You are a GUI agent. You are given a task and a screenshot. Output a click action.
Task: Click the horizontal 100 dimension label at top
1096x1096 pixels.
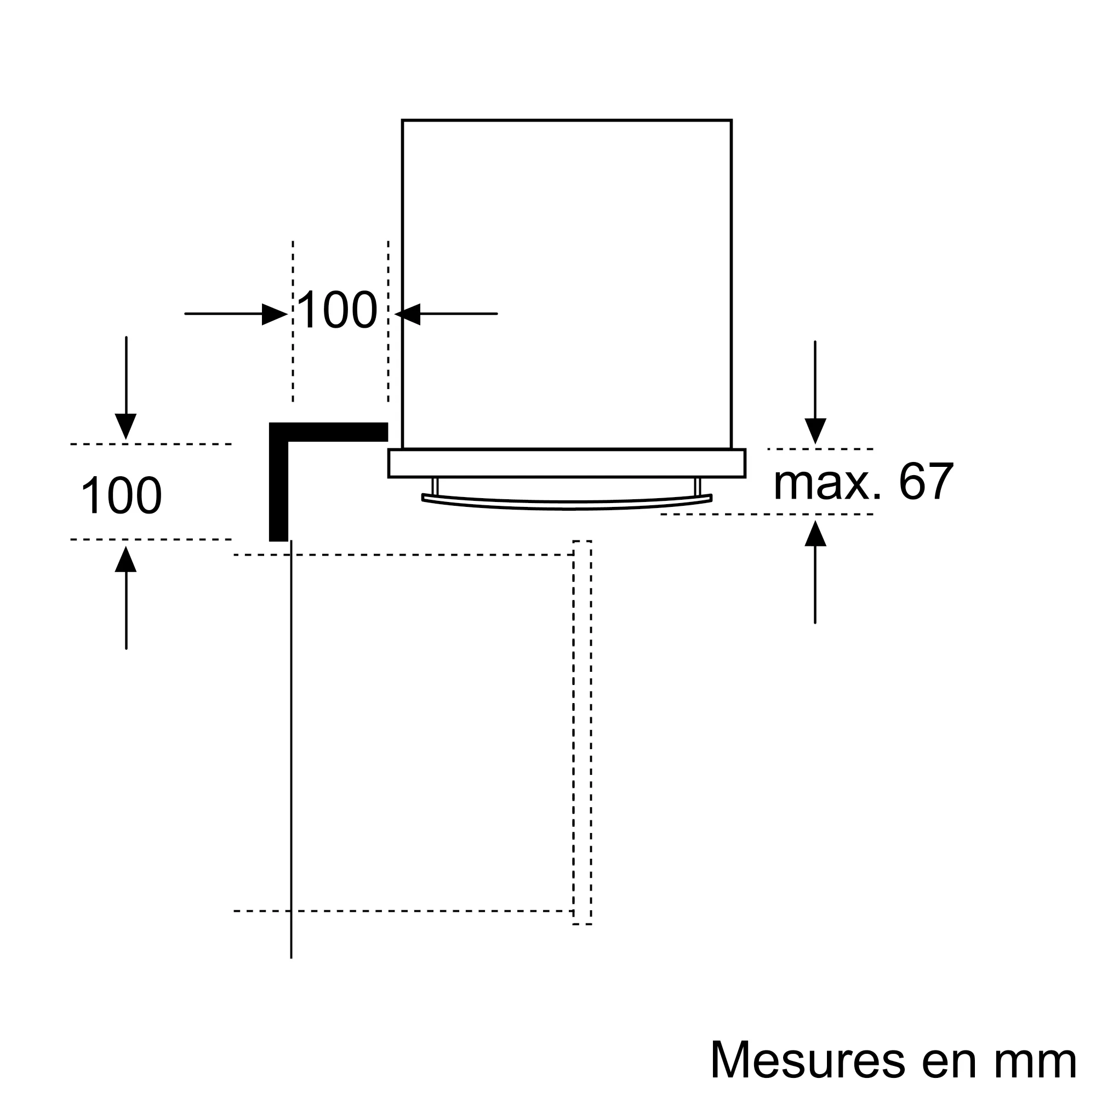(x=337, y=310)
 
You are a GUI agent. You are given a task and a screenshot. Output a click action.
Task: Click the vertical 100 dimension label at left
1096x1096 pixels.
(x=122, y=495)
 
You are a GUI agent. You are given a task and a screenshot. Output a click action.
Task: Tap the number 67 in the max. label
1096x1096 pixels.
(x=926, y=482)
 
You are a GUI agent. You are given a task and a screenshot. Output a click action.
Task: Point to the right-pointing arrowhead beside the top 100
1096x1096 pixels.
(x=275, y=314)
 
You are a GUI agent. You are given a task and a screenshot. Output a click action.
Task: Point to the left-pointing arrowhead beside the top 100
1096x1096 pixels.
(x=407, y=314)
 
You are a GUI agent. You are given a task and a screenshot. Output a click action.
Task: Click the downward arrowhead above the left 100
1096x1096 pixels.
(x=126, y=426)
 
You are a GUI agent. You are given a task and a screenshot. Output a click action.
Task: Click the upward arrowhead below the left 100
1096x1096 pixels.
(x=126, y=559)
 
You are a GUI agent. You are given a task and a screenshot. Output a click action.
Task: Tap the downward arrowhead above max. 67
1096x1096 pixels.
(x=816, y=431)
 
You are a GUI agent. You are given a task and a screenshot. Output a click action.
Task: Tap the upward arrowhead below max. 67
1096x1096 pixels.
(x=816, y=533)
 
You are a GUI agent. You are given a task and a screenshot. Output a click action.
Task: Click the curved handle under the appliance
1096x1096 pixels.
(x=567, y=501)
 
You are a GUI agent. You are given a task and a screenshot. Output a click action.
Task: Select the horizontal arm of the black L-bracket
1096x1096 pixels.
(x=328, y=432)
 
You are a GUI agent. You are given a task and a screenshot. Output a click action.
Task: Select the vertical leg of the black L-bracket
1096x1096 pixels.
(x=278, y=482)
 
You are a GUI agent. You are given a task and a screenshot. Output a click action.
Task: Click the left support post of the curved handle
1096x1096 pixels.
(x=435, y=486)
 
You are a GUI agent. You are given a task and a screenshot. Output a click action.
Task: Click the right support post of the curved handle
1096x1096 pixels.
(x=698, y=486)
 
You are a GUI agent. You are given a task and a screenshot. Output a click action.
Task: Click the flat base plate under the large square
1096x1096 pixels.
(x=567, y=464)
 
